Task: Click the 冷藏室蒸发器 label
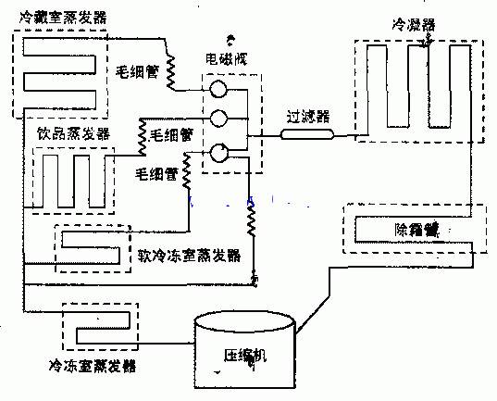click(x=55, y=17)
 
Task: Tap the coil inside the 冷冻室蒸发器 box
click(x=93, y=324)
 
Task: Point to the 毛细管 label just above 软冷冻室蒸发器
click(x=154, y=173)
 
